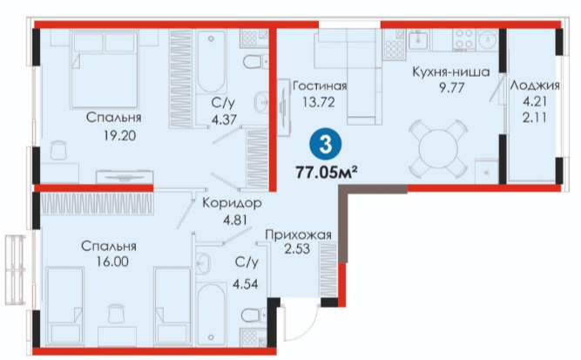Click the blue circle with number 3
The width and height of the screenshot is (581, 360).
tap(325, 145)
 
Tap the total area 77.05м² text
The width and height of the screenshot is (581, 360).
tap(327, 173)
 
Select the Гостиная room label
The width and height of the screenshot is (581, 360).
tap(320, 86)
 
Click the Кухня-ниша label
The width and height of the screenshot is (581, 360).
tap(451, 71)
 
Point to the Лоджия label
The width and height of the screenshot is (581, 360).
tap(535, 85)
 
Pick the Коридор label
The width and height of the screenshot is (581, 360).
tap(232, 203)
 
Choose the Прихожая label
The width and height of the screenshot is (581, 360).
tap(298, 235)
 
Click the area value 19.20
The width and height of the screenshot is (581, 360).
tap(119, 136)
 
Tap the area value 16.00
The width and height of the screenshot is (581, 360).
tap(112, 262)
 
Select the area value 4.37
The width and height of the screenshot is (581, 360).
tap(224, 119)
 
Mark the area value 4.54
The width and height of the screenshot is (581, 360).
tap(245, 284)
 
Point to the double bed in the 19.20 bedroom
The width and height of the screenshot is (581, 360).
tap(105, 70)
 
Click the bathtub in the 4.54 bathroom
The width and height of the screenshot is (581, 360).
tap(211, 314)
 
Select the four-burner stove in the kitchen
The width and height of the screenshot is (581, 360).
tap(464, 40)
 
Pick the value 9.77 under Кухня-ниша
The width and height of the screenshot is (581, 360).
tap(451, 88)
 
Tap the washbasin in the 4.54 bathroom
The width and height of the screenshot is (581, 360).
tap(203, 262)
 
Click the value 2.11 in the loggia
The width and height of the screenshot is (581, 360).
tap(534, 118)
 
